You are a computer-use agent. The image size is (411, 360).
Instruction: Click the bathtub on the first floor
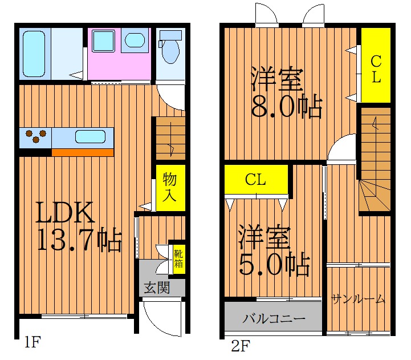pos(34,54)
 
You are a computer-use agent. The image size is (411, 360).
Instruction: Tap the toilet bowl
pos(170,51)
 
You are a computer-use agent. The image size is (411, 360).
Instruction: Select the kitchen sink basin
pos(91,137)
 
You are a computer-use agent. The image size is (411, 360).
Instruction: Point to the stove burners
pos(36,136)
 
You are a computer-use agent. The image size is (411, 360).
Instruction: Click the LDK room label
pos(65,212)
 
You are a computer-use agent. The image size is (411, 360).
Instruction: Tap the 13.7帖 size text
pos(80,240)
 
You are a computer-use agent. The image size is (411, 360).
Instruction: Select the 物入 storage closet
pos(170,188)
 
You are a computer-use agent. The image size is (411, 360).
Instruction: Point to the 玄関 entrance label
pos(157,288)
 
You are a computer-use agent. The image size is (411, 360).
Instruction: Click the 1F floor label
pos(32,342)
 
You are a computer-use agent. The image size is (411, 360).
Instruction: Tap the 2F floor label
pos(241,346)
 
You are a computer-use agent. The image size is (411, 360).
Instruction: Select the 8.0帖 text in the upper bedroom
pos(287,106)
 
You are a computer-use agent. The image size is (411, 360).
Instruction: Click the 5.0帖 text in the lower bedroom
pos(274,264)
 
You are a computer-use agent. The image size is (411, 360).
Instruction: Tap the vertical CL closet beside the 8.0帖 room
pos(376,65)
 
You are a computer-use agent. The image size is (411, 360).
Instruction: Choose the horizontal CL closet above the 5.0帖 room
pos(256,180)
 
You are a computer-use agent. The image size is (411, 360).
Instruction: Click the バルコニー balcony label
pos(274,319)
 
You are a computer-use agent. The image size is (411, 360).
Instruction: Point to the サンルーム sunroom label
pos(358,299)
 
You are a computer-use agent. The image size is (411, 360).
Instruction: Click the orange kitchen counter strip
pos(83,152)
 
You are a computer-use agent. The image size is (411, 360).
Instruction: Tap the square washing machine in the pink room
pos(103,41)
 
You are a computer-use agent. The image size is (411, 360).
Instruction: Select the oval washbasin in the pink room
pos(135,40)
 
